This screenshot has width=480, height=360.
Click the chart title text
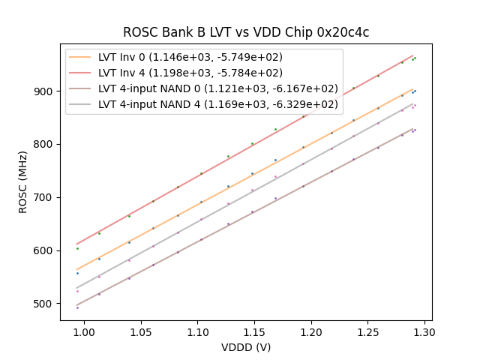246,32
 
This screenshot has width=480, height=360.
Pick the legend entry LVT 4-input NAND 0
218,88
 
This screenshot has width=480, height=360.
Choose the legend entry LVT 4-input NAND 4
218,103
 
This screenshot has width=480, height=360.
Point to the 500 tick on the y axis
45,304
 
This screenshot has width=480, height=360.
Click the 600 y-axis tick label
45,250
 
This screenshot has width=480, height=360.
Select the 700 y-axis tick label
45,197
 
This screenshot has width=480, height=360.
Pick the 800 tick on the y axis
45,144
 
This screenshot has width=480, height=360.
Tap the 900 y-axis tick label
45,91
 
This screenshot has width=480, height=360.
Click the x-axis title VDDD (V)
246,347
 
